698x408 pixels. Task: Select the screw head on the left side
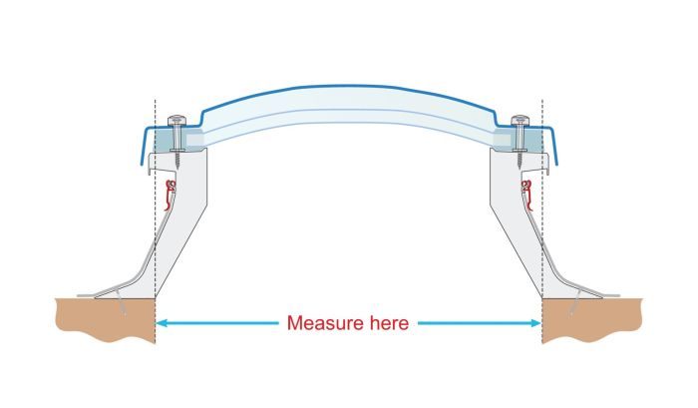click(177, 122)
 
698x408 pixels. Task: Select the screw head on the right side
click(520, 122)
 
